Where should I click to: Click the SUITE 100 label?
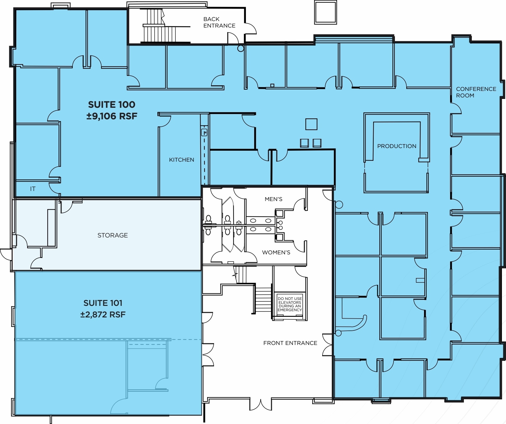pos(112,105)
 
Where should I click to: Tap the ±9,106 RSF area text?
pos(112,116)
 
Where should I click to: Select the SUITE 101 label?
pos(103,303)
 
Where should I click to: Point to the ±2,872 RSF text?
pos(103,314)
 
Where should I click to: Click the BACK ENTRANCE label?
pos(219,22)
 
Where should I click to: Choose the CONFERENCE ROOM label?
pos(476,92)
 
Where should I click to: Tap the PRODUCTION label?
pos(397,146)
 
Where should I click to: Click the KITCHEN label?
pos(181,160)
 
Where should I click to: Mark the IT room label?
pos(33,189)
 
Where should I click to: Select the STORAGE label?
pos(112,235)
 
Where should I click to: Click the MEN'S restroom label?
pos(273,199)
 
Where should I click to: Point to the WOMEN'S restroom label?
pos(276,252)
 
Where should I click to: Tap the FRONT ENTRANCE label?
pos(290,343)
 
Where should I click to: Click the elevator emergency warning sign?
pos(289,304)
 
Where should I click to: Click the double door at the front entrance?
pos(260,404)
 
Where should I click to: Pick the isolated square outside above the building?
pos(325,12)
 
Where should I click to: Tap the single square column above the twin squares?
pos(311,124)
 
